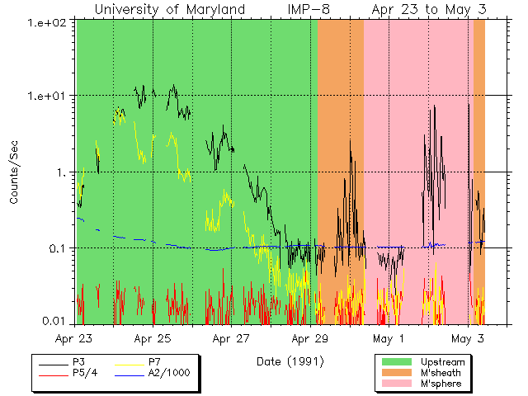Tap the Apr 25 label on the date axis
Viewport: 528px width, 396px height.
tap(153, 338)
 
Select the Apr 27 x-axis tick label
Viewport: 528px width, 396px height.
tap(231, 338)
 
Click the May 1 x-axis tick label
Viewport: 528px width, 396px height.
tap(389, 338)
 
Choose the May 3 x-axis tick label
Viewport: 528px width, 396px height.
tap(468, 338)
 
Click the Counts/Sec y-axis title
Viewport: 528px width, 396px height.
tap(15, 172)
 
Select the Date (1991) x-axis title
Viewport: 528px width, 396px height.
tap(289, 361)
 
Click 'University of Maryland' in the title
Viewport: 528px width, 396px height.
tap(169, 9)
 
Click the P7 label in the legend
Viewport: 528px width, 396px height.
tap(156, 363)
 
